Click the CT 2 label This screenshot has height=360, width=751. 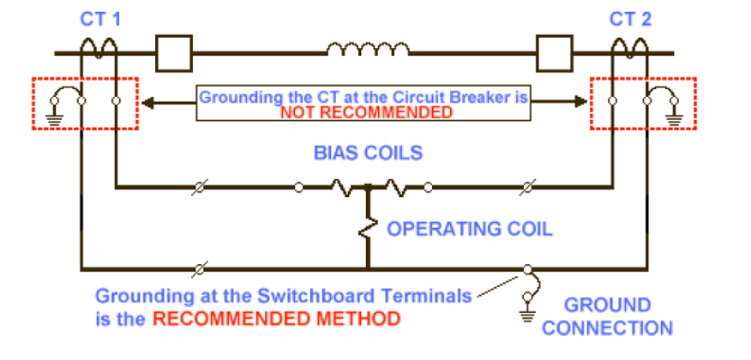[x=630, y=18]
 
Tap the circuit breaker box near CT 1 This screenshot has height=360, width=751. [x=172, y=53]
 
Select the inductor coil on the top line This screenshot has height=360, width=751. [x=361, y=51]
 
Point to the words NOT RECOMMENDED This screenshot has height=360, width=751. [x=366, y=112]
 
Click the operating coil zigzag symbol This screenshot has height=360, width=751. [x=369, y=228]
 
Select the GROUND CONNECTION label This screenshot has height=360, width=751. [x=608, y=316]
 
